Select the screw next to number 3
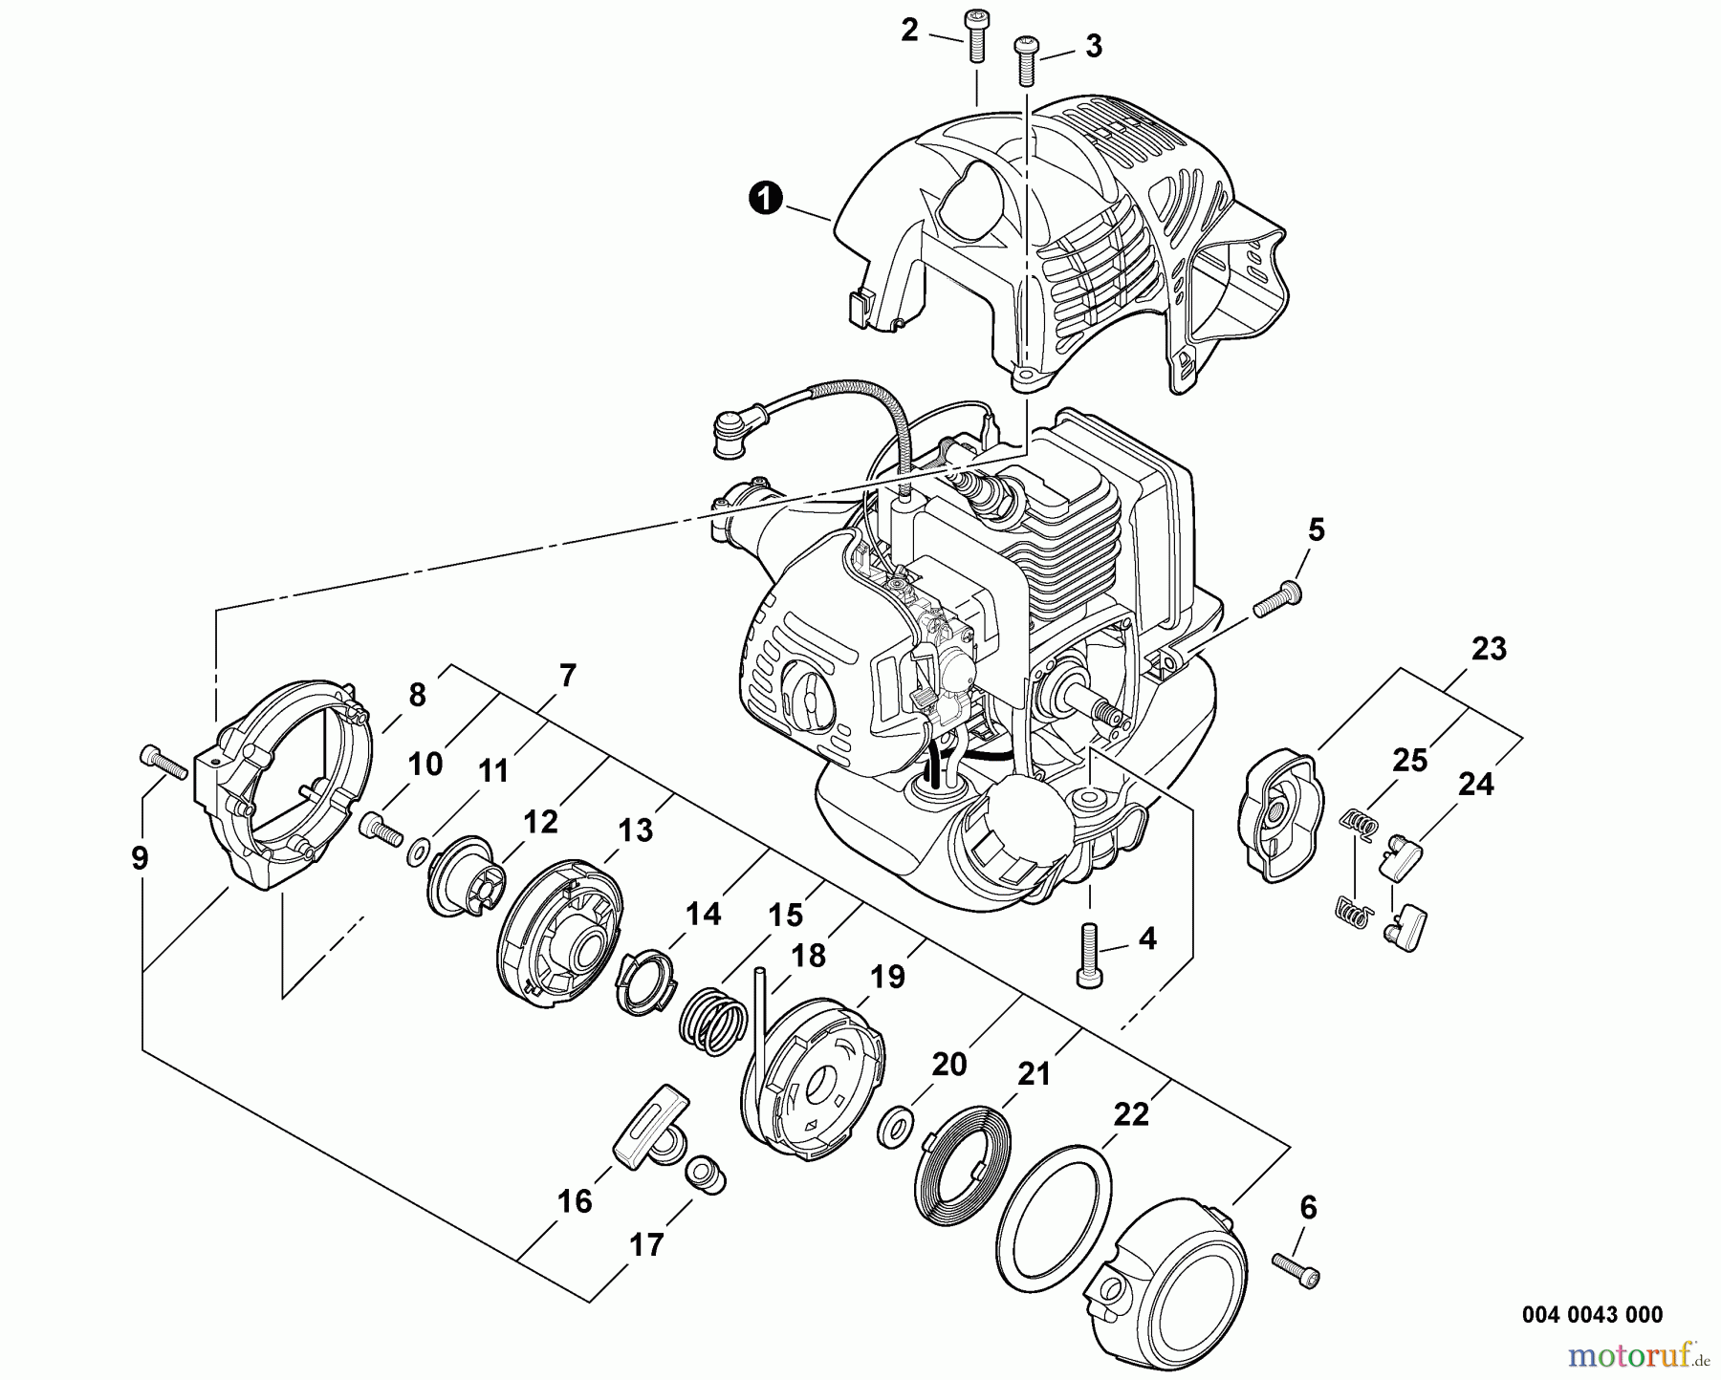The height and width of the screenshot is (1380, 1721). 1026,57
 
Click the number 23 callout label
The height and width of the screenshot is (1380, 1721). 1489,649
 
